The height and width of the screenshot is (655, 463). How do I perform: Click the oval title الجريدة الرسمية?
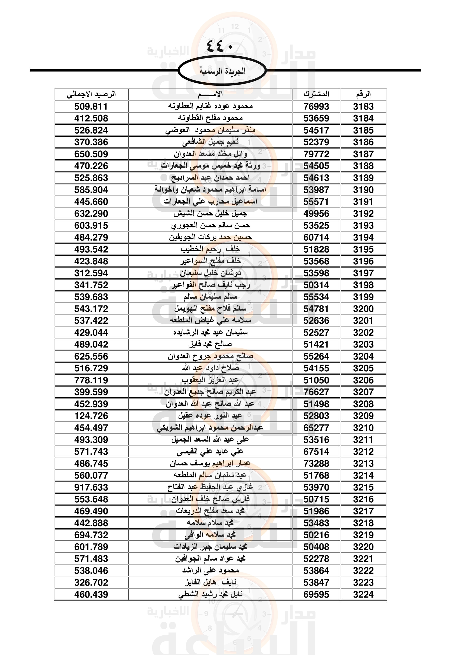(x=222, y=71)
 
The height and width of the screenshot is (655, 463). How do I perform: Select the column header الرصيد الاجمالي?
(x=91, y=94)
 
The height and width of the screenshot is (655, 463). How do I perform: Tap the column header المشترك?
(x=316, y=94)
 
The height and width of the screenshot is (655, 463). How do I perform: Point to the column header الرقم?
(x=363, y=94)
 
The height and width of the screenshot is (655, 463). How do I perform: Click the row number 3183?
(x=363, y=106)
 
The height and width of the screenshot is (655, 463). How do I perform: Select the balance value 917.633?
(x=91, y=487)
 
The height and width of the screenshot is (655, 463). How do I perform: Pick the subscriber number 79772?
(x=316, y=154)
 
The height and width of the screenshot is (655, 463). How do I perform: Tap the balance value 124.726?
(x=91, y=416)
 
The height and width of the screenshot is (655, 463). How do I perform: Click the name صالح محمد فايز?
(x=211, y=344)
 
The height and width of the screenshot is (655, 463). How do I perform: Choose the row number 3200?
(x=363, y=309)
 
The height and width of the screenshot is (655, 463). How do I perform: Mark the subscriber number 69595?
(x=316, y=595)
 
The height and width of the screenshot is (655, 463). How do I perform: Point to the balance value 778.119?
(x=91, y=380)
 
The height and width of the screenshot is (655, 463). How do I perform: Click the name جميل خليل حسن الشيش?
(x=211, y=213)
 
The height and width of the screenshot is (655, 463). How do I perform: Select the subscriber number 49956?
(x=316, y=213)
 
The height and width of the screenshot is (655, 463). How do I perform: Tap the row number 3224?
(x=363, y=595)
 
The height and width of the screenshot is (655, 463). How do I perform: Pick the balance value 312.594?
(x=91, y=273)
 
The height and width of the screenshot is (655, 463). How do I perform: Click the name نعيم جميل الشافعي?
(x=211, y=142)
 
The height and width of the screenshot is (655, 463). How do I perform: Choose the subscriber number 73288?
(x=316, y=463)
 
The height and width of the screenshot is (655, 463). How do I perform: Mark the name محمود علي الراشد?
(x=211, y=570)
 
